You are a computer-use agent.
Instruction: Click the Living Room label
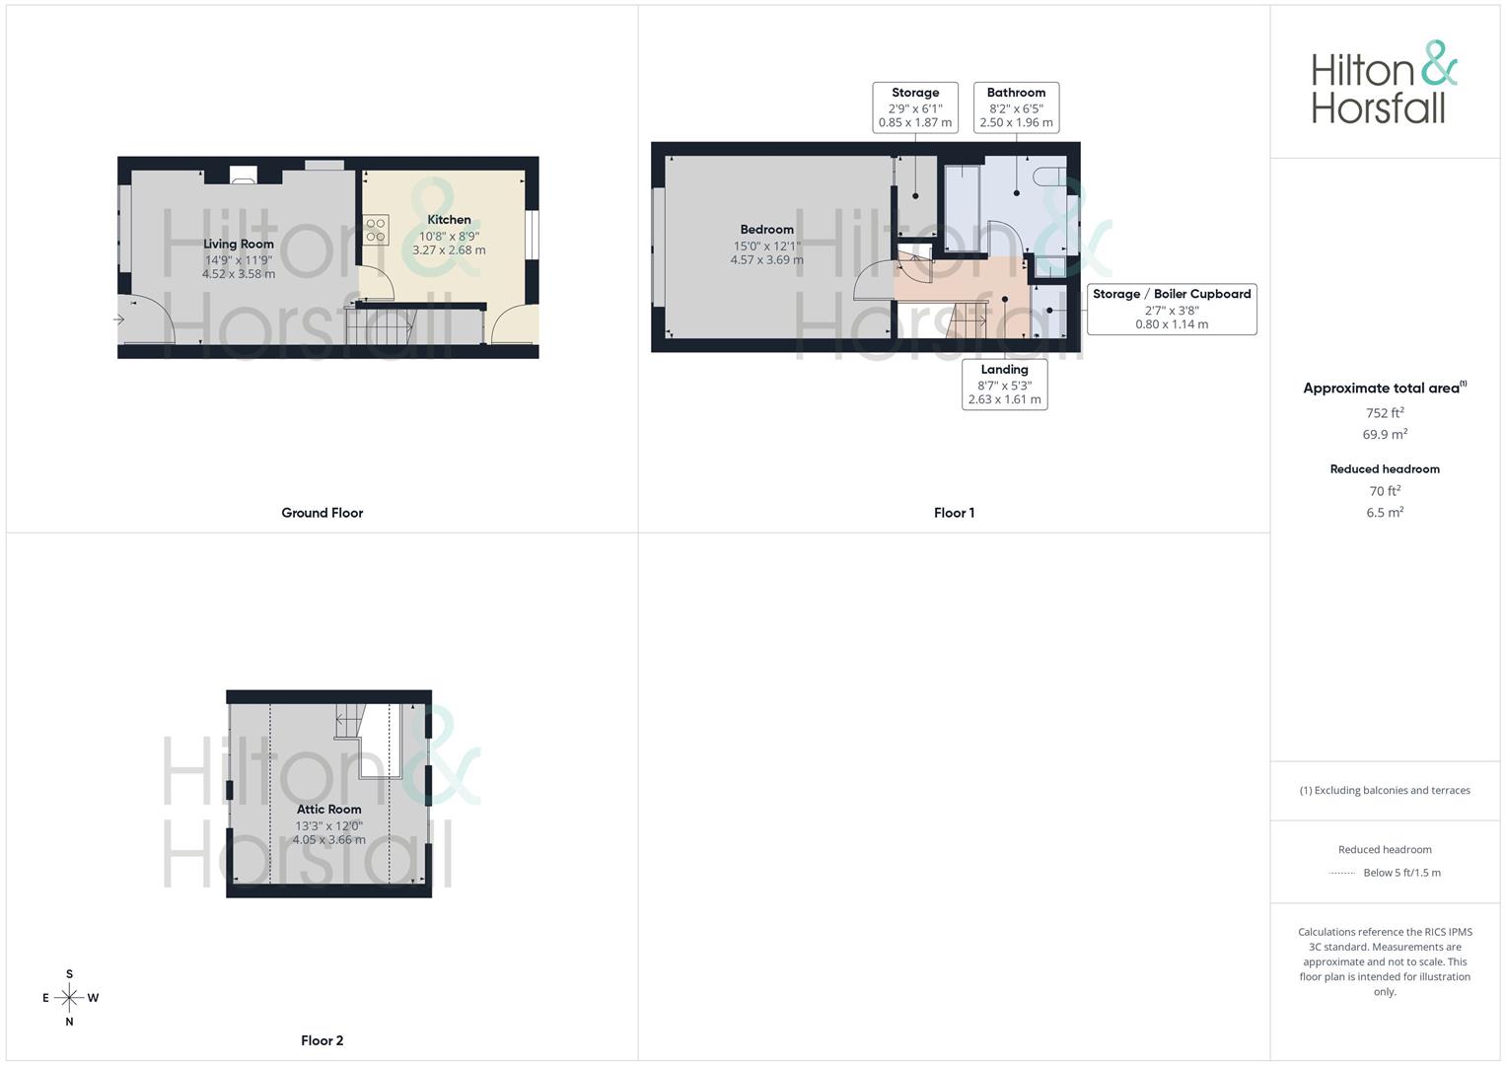[x=239, y=244]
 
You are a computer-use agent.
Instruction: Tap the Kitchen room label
[x=449, y=220]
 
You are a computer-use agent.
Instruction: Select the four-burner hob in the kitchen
[x=376, y=230]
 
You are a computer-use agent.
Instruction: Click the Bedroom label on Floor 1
[x=766, y=230]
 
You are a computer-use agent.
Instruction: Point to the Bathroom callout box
[x=1016, y=107]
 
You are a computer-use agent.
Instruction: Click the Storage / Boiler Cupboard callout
[x=1172, y=309]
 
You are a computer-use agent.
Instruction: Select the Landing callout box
[x=1004, y=384]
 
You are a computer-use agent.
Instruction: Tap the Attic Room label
[x=328, y=810]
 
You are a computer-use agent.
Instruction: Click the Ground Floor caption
[x=323, y=513]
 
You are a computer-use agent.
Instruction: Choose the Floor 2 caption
[x=323, y=1040]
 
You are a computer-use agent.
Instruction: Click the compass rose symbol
[x=69, y=998]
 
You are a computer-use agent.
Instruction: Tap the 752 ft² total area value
[x=1385, y=413]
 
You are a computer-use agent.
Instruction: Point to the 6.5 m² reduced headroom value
[x=1385, y=513]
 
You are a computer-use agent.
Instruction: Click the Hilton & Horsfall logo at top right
[x=1384, y=83]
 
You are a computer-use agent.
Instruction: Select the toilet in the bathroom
[x=1048, y=177]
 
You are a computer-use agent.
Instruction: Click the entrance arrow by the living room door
[x=119, y=319]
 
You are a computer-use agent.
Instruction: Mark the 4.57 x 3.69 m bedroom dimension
[x=766, y=260]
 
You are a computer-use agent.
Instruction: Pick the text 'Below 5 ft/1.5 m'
[x=1401, y=873]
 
